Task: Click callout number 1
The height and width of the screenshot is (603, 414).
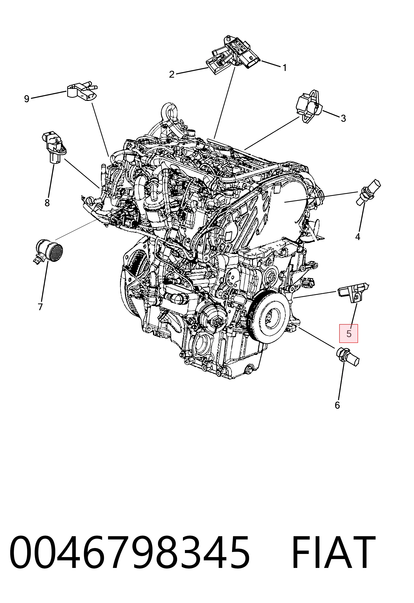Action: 285,68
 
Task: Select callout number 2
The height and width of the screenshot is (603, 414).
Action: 172,74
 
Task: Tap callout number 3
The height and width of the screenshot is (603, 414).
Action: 343,119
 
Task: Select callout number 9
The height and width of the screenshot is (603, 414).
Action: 26,99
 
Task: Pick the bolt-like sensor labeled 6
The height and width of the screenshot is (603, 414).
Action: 348,357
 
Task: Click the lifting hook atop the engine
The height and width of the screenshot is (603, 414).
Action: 169,113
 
